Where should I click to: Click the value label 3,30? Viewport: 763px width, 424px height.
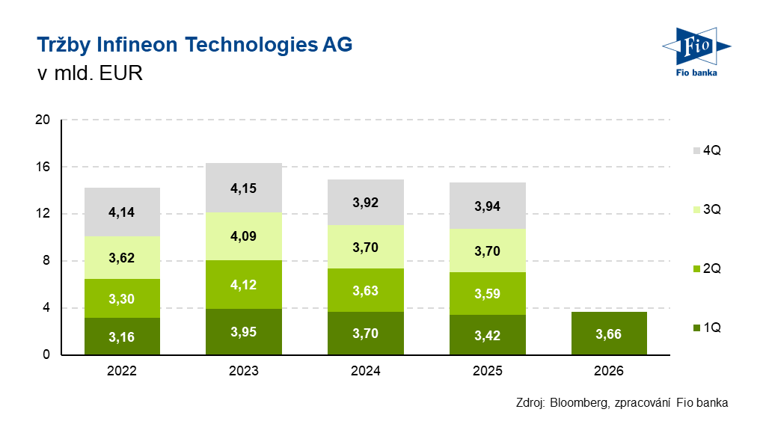[122, 299]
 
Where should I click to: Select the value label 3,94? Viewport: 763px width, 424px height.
[488, 206]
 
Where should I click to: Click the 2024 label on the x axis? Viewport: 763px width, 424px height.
[366, 371]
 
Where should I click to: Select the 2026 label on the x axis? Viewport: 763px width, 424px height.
[609, 371]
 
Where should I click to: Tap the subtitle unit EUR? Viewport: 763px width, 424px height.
[117, 74]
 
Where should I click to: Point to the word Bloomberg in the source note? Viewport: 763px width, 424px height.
[578, 402]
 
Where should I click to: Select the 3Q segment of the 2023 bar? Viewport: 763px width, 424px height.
[244, 236]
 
